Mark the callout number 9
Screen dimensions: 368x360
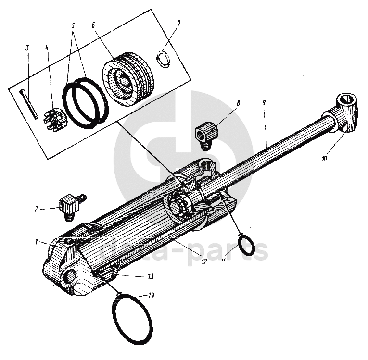(264, 102)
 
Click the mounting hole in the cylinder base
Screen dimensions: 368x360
(69, 276)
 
